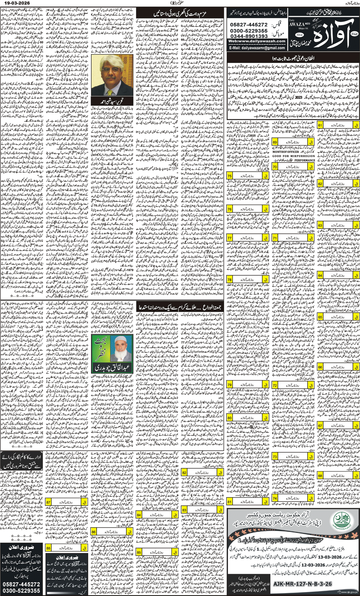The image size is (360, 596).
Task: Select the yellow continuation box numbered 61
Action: tap(320, 126)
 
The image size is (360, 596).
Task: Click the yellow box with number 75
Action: tap(230, 176)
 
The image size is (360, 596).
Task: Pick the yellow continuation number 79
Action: tap(230, 385)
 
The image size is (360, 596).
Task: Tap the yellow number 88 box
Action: tap(49, 548)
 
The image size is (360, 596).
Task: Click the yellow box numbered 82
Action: tap(184, 473)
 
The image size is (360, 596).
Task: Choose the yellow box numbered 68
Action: tap(320, 476)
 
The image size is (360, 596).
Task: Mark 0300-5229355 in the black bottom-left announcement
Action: tap(21, 591)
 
